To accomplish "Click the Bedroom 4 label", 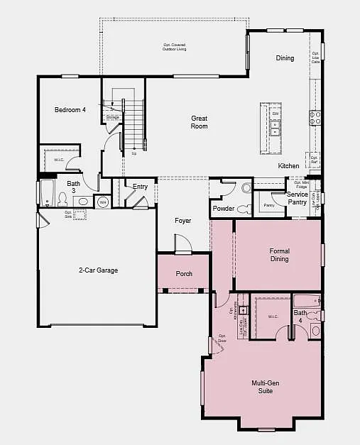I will click(70, 110).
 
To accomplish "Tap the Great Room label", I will click(199, 122).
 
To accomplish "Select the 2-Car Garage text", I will click(98, 270).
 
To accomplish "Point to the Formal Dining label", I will click(279, 255).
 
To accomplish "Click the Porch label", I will click(184, 273).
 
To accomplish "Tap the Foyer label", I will click(184, 221).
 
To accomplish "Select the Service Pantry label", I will click(297, 198).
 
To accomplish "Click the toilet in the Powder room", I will click(244, 209).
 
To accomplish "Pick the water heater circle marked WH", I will click(103, 202).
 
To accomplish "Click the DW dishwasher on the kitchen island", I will click(275, 114).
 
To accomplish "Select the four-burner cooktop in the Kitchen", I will click(315, 118).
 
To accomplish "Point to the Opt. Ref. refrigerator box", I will click(313, 160).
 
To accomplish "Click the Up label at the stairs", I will click(133, 153).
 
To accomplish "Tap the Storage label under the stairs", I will click(112, 117).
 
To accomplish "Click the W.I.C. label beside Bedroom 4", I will click(59, 160).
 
